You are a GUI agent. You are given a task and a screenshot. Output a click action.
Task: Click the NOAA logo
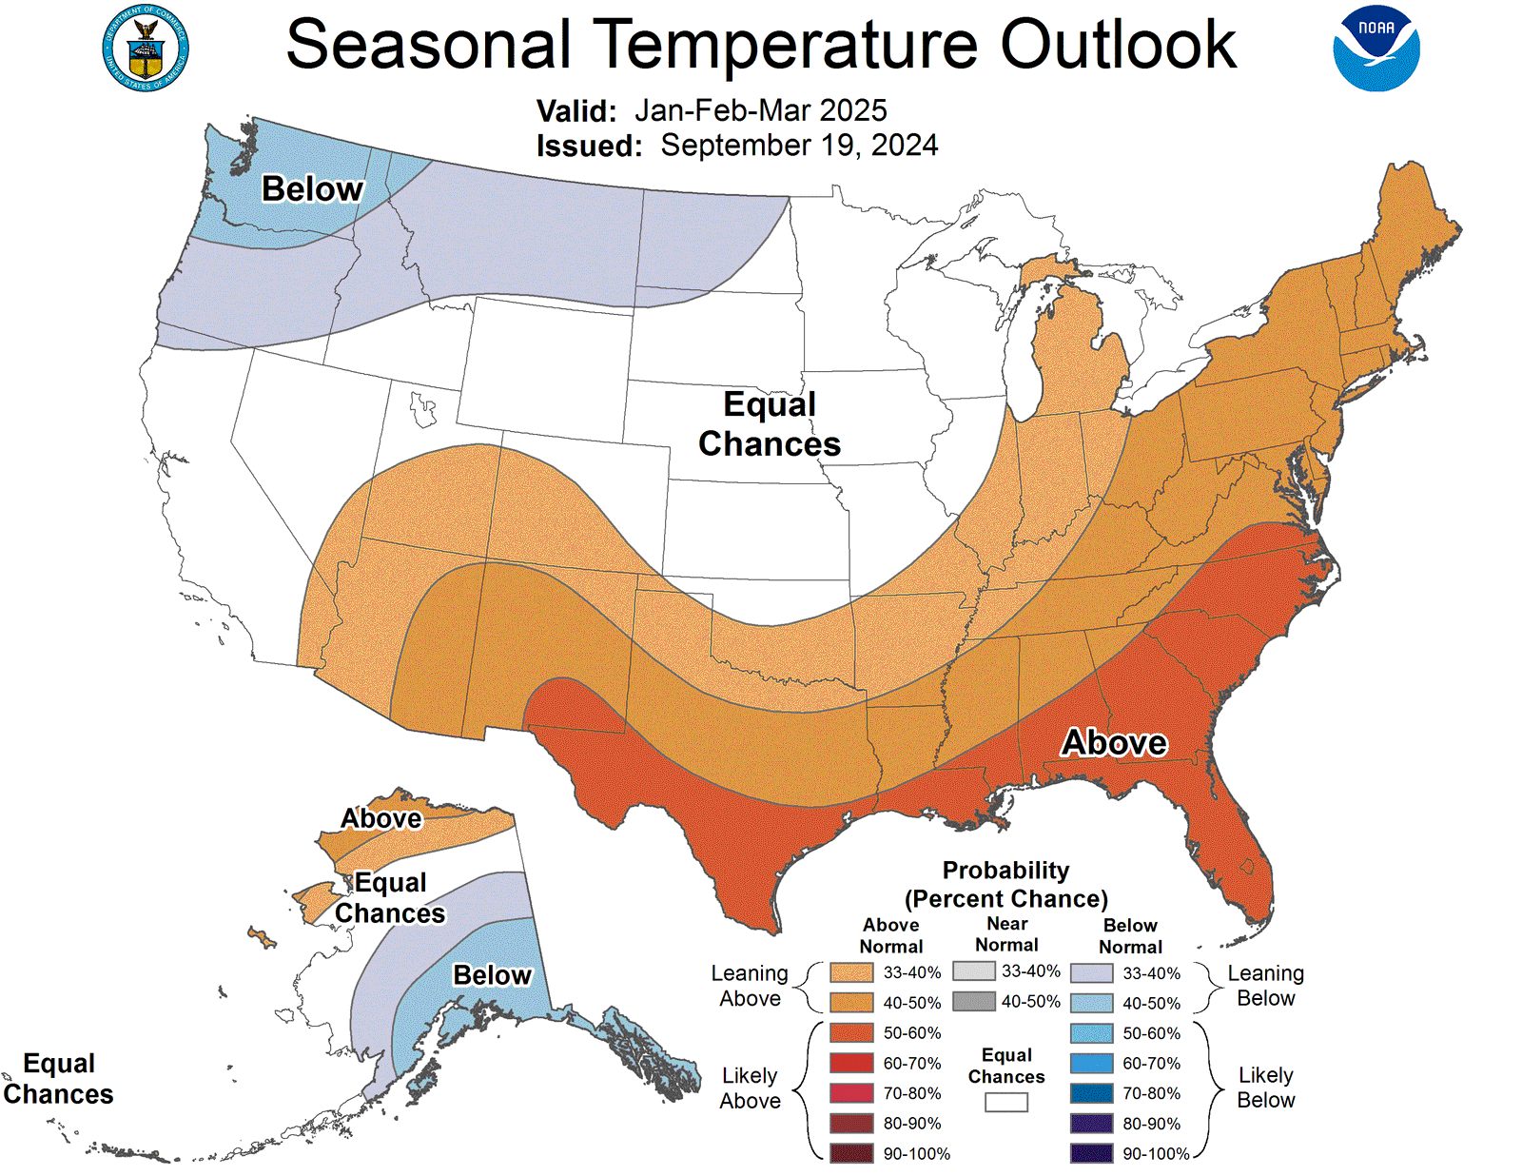1376,49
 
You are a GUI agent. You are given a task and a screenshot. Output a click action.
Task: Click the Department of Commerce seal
146,49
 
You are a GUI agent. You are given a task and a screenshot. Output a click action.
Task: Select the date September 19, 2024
799,146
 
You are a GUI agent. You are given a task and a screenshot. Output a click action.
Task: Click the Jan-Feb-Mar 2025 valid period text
760,110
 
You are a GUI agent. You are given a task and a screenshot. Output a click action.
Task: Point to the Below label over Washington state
312,189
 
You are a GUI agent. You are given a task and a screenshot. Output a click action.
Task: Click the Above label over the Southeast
1114,742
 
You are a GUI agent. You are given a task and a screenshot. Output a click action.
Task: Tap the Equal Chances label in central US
770,424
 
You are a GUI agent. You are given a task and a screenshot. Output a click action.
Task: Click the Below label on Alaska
492,975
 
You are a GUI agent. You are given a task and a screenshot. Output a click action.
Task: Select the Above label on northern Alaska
380,819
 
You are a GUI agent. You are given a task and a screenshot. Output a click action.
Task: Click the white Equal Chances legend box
1005,1102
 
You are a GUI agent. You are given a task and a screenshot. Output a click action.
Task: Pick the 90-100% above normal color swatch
850,1153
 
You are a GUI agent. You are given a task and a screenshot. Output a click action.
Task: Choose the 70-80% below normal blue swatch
1091,1093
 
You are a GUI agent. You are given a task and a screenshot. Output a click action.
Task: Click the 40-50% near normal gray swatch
973,1001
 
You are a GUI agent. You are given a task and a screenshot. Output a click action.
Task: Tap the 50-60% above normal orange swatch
850,1032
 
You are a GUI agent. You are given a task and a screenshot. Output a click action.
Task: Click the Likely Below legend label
1265,1088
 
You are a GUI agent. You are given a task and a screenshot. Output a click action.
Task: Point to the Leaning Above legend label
750,986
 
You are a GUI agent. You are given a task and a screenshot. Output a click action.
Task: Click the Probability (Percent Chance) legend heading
1005,885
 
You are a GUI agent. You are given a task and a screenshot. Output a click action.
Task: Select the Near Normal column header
1006,934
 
